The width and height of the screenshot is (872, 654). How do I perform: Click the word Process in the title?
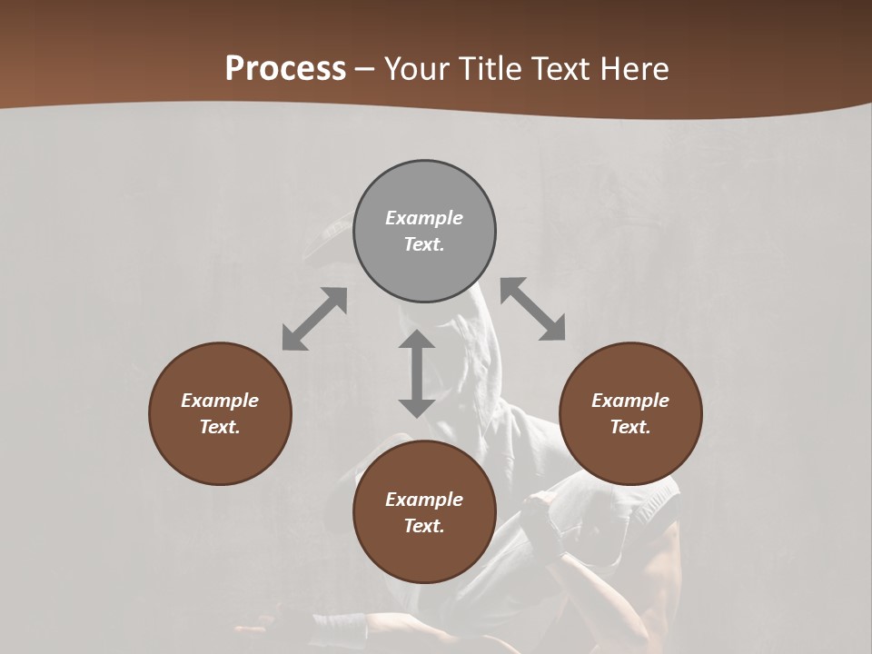point(285,68)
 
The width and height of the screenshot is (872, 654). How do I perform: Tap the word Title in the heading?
point(488,68)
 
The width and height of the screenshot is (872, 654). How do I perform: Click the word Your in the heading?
point(417,68)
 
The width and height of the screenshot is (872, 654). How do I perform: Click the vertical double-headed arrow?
point(417,373)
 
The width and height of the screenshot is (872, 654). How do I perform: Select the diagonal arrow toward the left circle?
point(314,319)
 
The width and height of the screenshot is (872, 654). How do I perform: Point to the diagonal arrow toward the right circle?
point(533,309)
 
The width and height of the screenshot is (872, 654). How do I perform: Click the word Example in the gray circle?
point(424,218)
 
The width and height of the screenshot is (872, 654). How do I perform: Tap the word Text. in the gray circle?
point(424,244)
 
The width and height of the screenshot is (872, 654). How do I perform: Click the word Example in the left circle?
point(220,401)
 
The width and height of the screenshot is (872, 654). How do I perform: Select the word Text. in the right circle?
point(630,427)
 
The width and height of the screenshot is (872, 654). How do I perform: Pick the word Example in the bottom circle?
point(424,500)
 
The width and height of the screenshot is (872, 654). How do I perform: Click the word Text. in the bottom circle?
point(424,526)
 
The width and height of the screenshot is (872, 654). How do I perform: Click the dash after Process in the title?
point(365,69)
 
